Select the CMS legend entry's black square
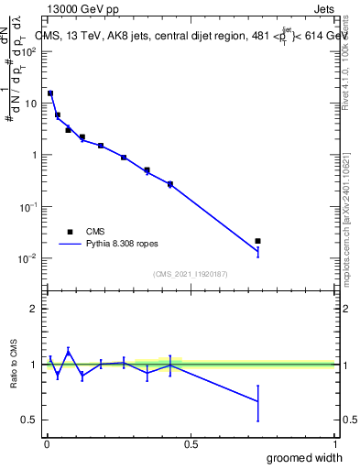pos(69,232)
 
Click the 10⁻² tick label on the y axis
pos(29,258)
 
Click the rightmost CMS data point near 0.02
pos(257,241)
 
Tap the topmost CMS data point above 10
pos(50,93)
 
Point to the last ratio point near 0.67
pos(257,401)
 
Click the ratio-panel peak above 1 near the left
pos(68,352)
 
